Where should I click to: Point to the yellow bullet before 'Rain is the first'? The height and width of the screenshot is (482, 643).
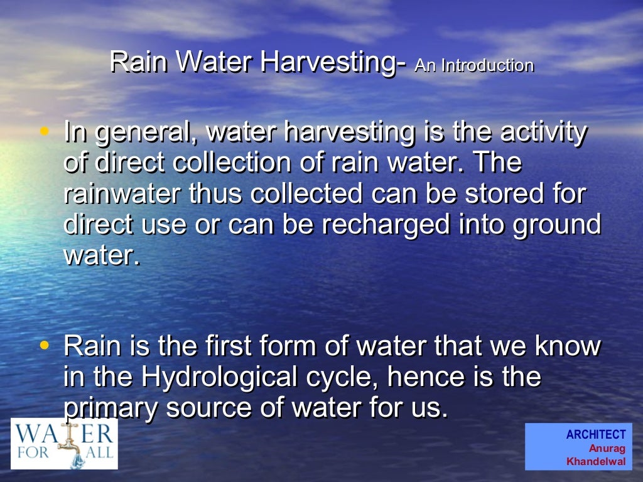coord(44,345)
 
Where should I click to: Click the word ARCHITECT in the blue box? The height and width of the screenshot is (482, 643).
coord(595,434)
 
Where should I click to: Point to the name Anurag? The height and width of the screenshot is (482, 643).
coord(607,448)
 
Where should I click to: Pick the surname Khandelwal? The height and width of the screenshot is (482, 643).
coord(595,462)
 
